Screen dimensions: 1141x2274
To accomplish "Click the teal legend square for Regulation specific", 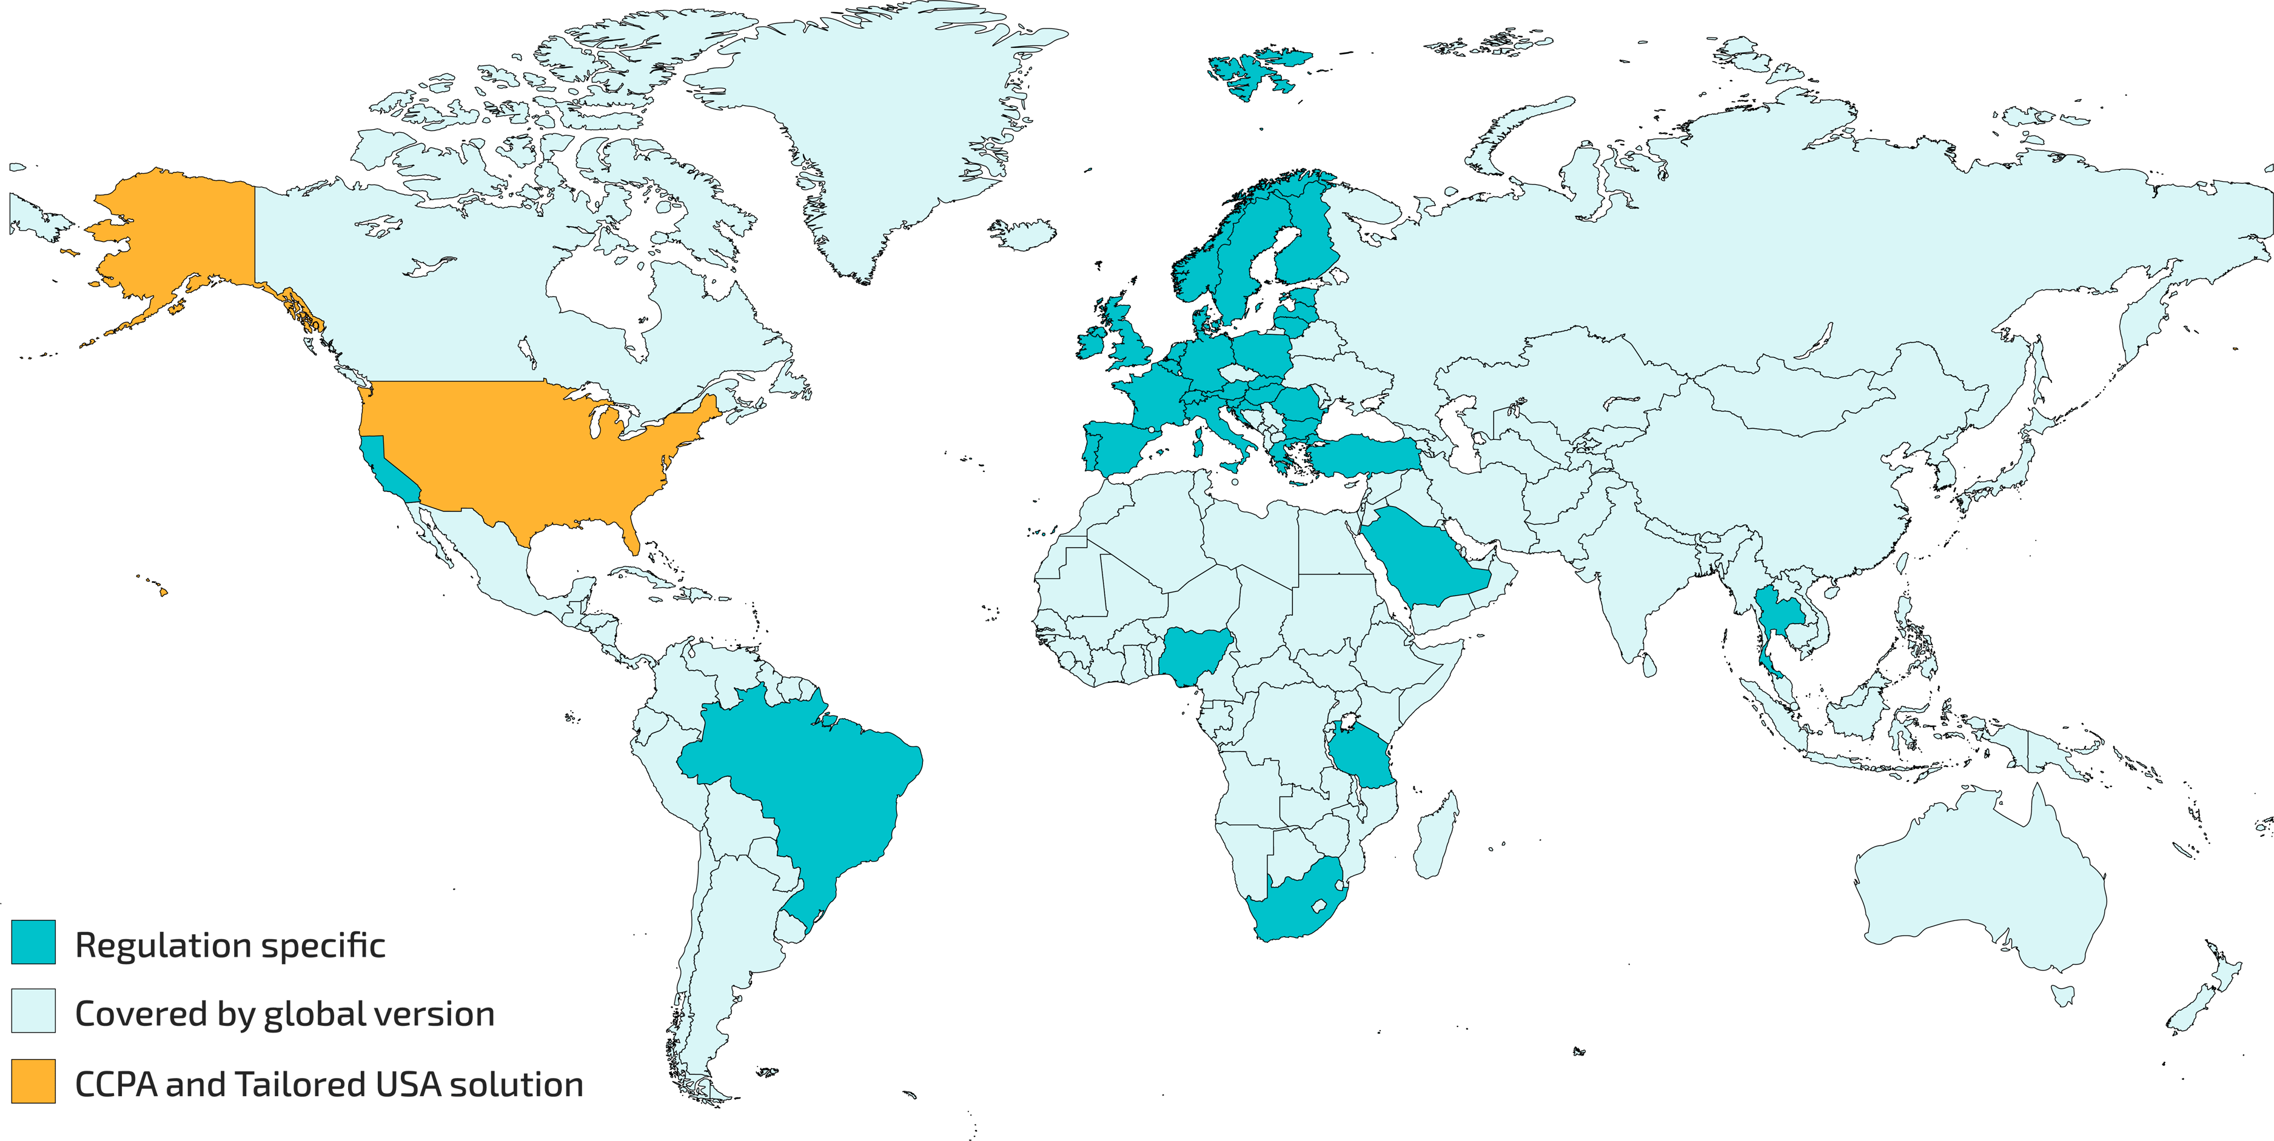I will point(33,942).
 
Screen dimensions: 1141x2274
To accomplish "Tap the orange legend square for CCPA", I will point(33,1081).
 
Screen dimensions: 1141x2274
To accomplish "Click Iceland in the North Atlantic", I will point(1024,234).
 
